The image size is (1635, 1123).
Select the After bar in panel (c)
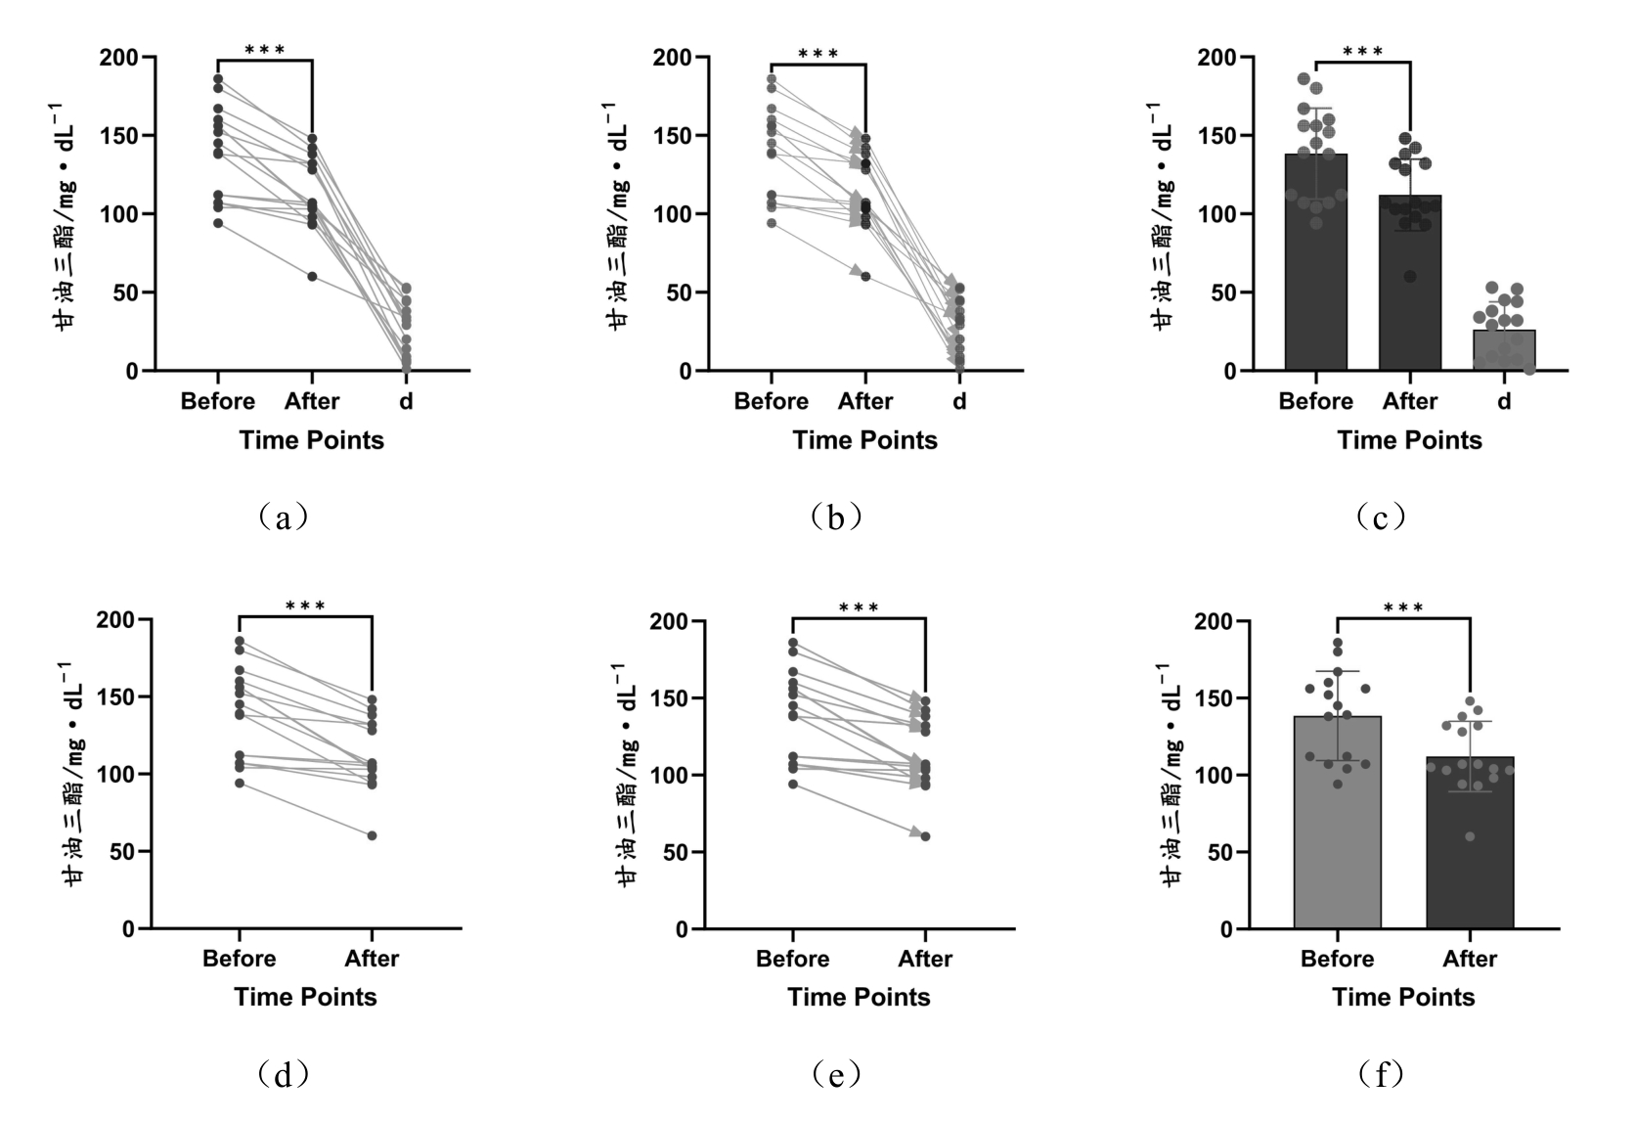1409,283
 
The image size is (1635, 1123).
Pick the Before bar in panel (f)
1337,822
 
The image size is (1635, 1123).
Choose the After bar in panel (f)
1470,842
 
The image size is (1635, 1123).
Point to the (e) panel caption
837,1075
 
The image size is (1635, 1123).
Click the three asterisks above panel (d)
305,606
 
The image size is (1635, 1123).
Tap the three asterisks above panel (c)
1362,52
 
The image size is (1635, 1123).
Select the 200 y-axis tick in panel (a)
119,58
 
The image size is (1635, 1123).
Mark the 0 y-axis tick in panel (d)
128,929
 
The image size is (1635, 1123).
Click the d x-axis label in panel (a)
406,401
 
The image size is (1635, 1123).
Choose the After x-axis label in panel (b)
865,401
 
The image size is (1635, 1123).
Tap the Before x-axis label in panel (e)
792,959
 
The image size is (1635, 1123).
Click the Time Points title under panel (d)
305,997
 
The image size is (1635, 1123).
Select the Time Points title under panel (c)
1409,440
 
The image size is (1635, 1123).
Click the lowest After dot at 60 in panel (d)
372,835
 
